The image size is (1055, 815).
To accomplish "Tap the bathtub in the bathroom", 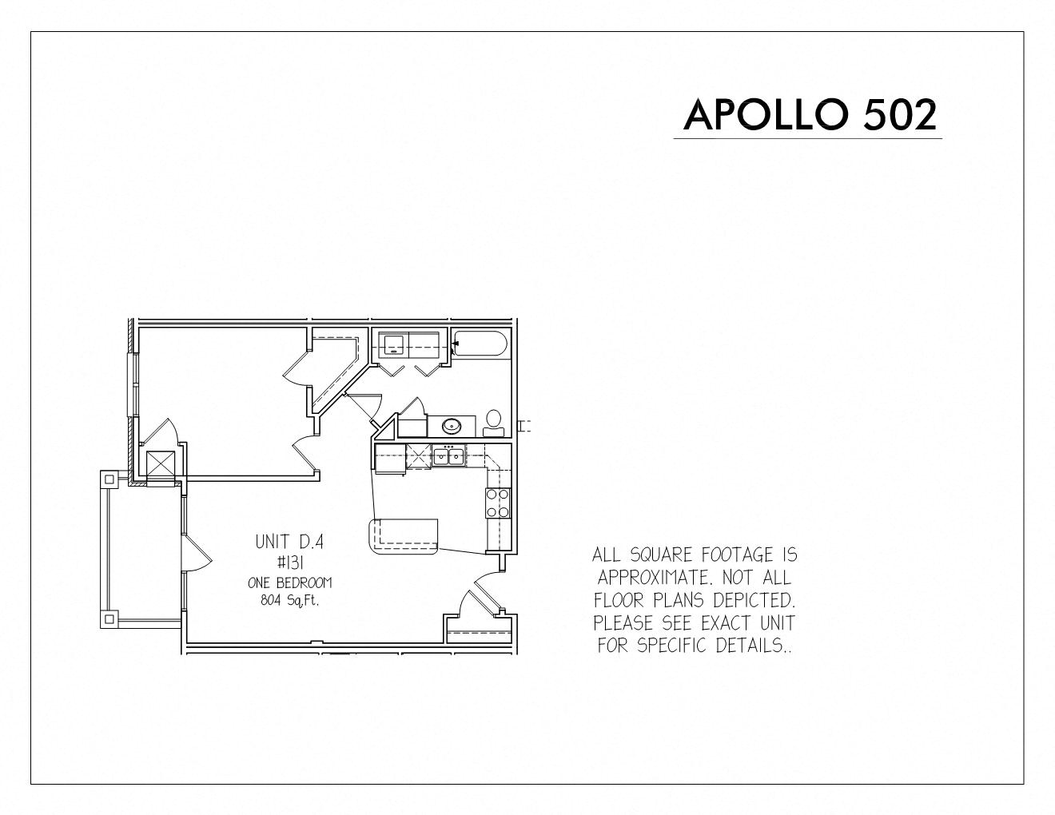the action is [480, 344].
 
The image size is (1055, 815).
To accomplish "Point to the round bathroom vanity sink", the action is [452, 427].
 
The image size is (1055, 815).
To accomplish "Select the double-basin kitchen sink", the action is [448, 455].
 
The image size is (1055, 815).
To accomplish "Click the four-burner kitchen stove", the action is [498, 503].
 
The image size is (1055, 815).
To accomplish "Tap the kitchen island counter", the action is [404, 536].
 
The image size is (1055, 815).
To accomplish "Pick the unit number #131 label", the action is [291, 563].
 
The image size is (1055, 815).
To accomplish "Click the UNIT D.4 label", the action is [289, 542].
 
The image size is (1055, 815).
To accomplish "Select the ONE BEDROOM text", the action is [290, 582].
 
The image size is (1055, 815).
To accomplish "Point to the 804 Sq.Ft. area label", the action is [290, 600].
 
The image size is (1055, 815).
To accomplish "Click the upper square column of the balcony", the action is [109, 480].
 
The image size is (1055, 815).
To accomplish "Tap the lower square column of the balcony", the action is [109, 619].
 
